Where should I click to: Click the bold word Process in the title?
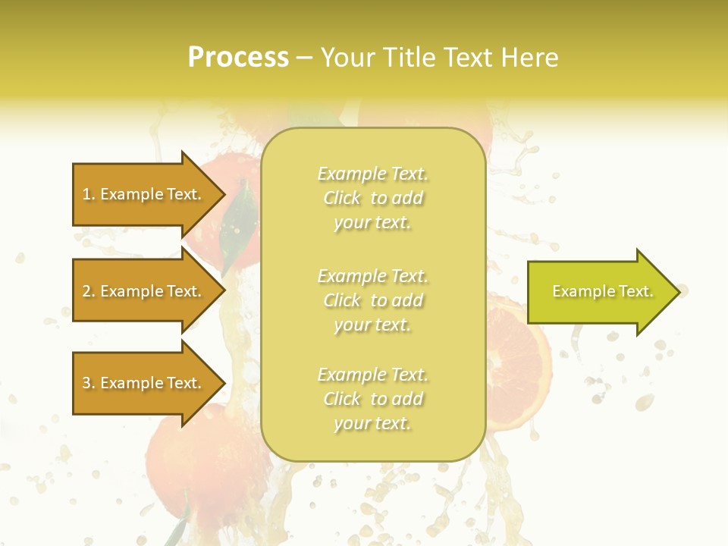[x=238, y=58]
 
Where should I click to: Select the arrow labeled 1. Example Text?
[x=144, y=194]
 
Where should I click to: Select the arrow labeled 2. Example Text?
[x=144, y=291]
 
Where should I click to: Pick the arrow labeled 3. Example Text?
[x=144, y=383]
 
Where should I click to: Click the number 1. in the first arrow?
[x=89, y=194]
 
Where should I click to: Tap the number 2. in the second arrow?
[x=89, y=291]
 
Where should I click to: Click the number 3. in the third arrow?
[x=89, y=383]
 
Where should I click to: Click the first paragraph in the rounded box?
[x=372, y=198]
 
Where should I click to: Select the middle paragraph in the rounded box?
[x=372, y=300]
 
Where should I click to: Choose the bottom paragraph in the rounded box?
[x=372, y=399]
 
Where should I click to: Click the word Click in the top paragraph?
[x=342, y=199]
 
